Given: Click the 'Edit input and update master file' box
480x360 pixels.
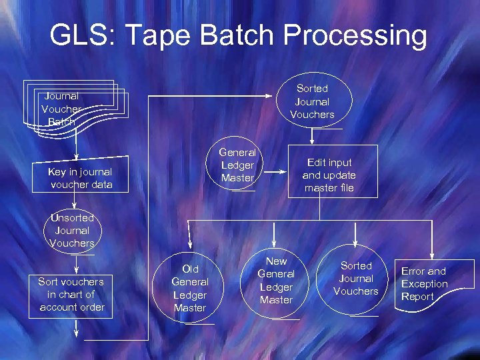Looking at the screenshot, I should [329, 175].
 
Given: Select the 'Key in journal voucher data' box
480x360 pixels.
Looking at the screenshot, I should [80, 178].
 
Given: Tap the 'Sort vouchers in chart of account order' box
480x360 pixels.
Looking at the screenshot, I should [72, 294].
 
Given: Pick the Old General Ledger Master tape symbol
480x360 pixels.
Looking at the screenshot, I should [190, 288].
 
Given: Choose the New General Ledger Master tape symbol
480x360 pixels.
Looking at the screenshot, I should [276, 281].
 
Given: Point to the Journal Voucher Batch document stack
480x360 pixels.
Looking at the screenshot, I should [70, 109].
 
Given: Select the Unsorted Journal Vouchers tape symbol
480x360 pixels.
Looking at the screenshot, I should [72, 230].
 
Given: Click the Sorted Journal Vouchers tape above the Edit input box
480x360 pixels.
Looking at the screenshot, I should [312, 101].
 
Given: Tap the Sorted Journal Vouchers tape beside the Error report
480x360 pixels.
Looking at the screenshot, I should [356, 279].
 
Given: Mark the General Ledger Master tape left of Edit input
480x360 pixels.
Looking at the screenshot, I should [237, 165].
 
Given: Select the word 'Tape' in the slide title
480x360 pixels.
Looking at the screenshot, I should [176, 36].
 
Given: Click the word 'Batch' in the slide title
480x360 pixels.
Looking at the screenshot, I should [259, 36].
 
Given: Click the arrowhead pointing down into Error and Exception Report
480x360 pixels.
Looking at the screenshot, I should [432, 253].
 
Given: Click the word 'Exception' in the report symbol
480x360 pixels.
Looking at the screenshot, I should [425, 284].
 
